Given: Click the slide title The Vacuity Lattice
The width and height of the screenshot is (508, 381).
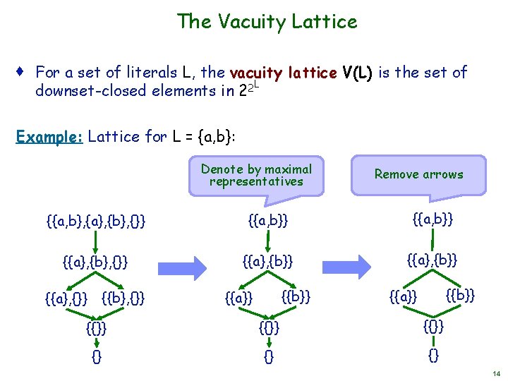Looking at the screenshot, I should (x=267, y=21).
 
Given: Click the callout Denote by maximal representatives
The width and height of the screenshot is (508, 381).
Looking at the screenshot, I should (x=256, y=175).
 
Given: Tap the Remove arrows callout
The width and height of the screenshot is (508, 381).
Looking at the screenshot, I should (x=418, y=174).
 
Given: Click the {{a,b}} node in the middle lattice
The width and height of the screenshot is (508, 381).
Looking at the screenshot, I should (x=268, y=223).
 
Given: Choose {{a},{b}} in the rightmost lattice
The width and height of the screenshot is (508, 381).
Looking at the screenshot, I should (x=433, y=261).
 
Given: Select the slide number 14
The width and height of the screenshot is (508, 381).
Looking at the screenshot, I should (x=496, y=373).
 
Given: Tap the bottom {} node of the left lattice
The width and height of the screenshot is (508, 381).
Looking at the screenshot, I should (x=96, y=357).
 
